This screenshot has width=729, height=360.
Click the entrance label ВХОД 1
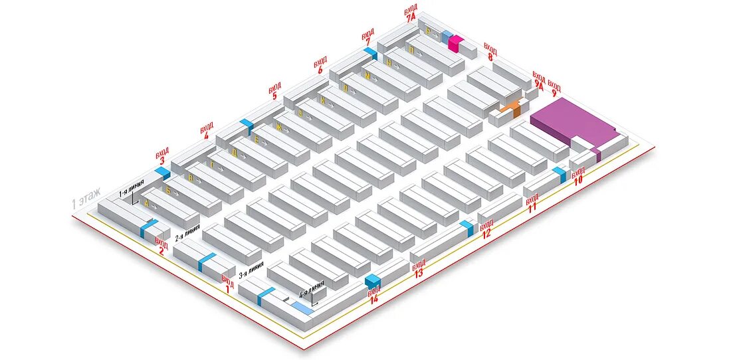(227, 284)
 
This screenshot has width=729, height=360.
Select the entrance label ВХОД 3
(161, 155)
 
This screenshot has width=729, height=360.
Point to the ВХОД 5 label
(274, 91)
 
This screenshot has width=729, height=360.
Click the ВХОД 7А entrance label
(410, 15)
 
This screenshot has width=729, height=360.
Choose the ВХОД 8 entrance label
(490, 52)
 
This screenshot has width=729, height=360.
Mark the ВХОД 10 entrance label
(578, 174)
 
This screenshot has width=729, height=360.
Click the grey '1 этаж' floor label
(86, 198)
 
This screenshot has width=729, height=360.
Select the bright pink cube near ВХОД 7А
(456, 43)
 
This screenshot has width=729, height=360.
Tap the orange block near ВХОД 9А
(511, 108)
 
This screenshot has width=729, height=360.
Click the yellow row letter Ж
(279, 127)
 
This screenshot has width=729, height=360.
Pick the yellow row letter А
(146, 204)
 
